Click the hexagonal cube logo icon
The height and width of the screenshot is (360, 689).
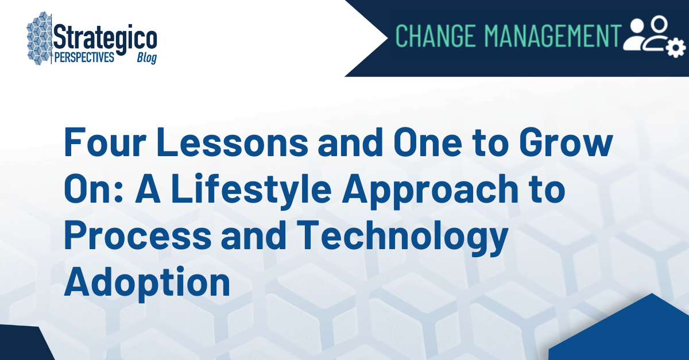(x=40, y=38)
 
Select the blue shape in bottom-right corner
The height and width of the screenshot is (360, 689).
(x=626, y=333)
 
